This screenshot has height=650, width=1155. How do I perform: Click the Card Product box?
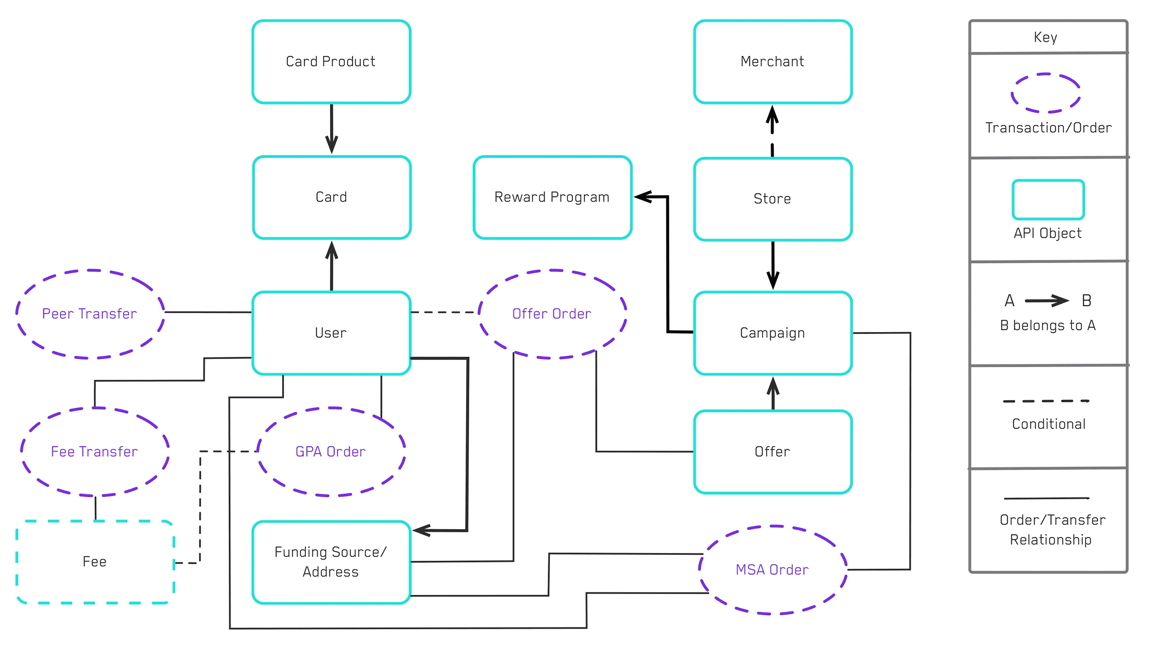tap(331, 61)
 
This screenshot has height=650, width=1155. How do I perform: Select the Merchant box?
tap(772, 61)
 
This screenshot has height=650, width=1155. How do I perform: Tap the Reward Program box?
tap(552, 197)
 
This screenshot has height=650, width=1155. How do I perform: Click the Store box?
tap(772, 198)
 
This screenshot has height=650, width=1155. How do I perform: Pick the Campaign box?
tap(772, 333)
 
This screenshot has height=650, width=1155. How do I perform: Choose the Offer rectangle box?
tap(772, 452)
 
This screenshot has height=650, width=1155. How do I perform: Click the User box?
tap(331, 333)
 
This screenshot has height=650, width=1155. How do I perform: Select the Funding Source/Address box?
tap(331, 562)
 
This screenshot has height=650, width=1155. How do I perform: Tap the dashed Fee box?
tap(95, 562)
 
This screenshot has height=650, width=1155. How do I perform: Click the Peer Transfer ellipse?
tap(90, 314)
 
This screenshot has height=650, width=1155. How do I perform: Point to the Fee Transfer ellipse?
tap(94, 452)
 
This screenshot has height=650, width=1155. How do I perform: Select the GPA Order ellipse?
tap(331, 452)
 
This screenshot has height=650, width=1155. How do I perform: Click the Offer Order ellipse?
tap(552, 314)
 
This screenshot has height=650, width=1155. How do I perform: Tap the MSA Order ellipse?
tap(772, 570)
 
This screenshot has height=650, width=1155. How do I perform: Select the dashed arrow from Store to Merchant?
tap(772, 131)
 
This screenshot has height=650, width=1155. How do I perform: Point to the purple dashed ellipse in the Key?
tap(1045, 93)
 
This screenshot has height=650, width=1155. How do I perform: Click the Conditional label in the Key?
tap(1049, 424)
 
